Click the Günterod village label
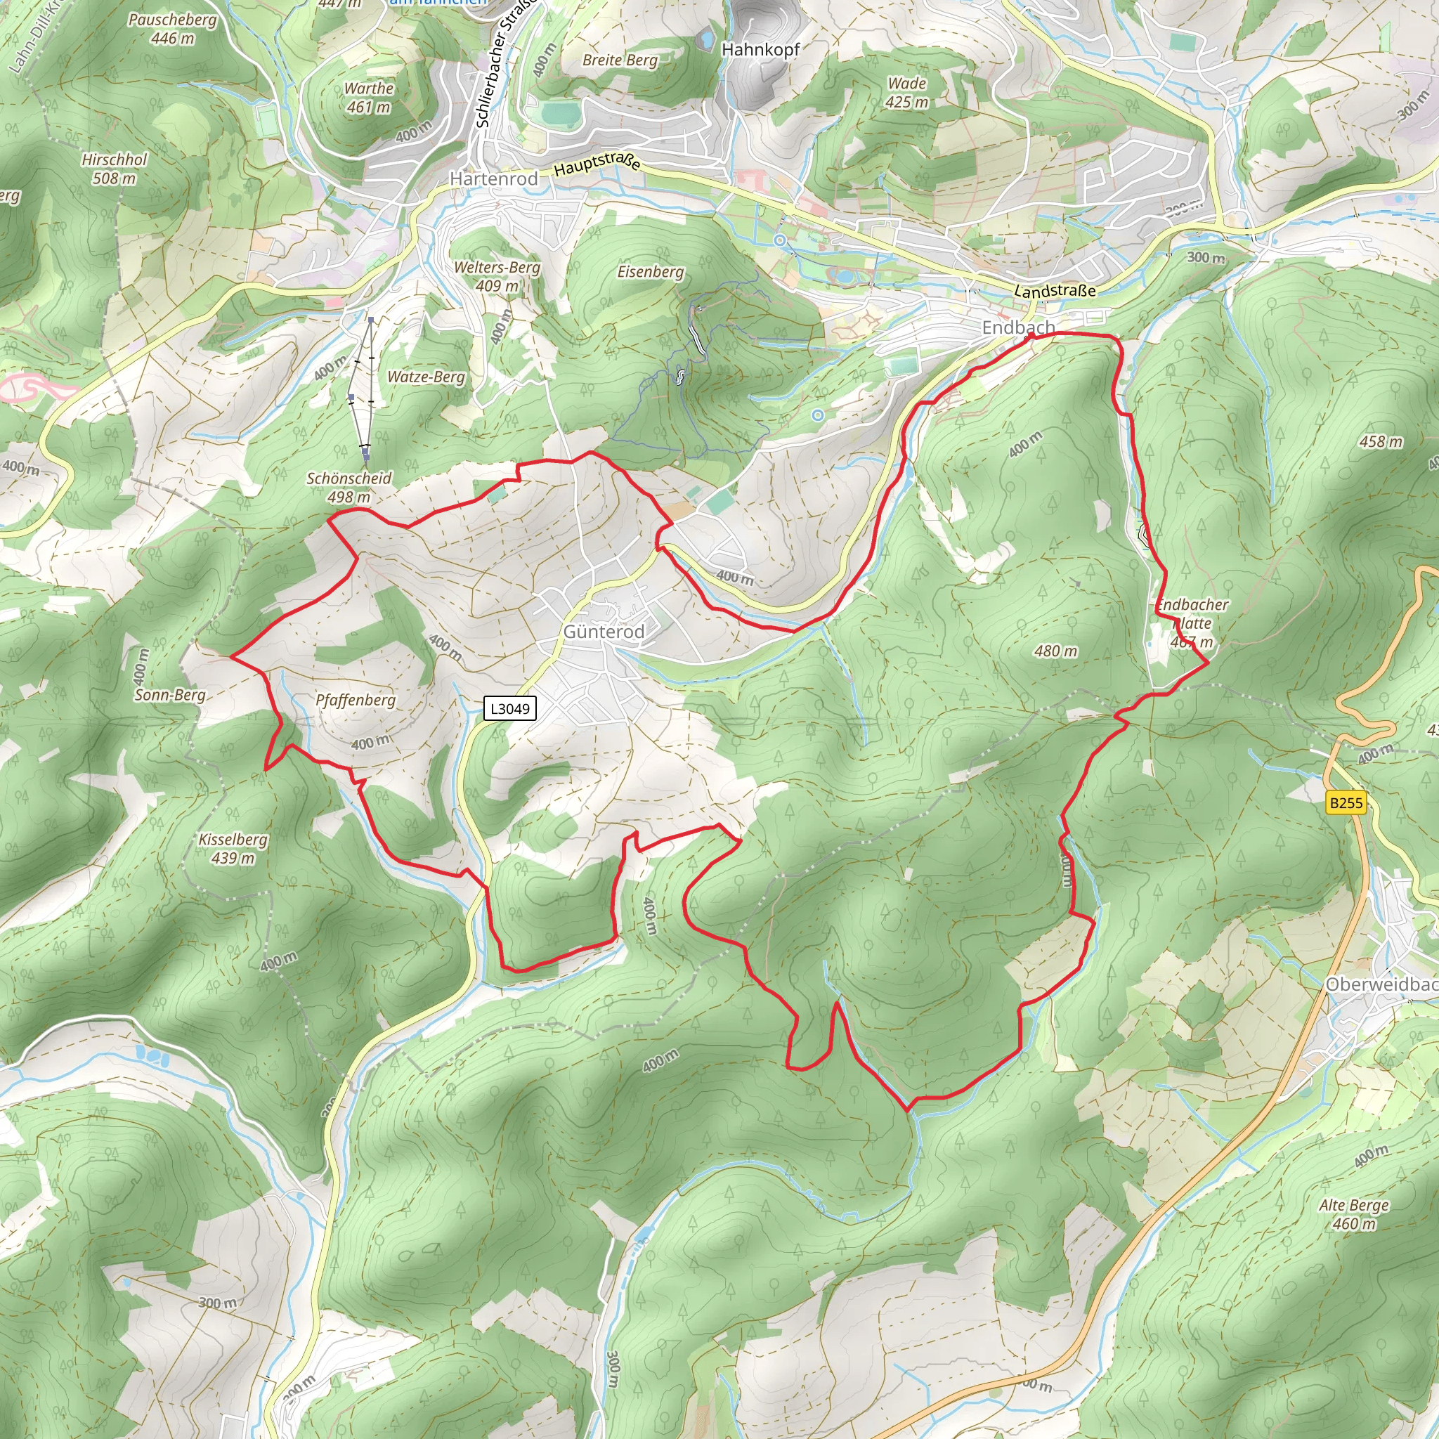coord(604,632)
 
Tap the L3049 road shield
coord(510,708)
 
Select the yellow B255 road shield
coord(1346,803)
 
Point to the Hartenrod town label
coord(494,178)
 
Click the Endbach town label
coord(1018,327)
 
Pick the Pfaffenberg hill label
coord(356,700)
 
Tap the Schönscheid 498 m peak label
coord(349,487)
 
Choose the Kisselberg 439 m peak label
coord(233,848)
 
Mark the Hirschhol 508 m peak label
coord(114,169)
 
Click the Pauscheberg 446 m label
coord(172,28)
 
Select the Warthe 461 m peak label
coord(369,98)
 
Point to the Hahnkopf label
coord(760,49)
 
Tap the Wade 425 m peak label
coord(907,92)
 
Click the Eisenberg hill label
coord(650,272)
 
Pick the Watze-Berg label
coord(426,377)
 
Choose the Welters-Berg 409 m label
coord(497,275)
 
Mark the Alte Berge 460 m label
coord(1353,1214)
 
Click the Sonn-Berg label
coord(170,695)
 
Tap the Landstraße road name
coord(1055,290)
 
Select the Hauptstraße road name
coord(597,163)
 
